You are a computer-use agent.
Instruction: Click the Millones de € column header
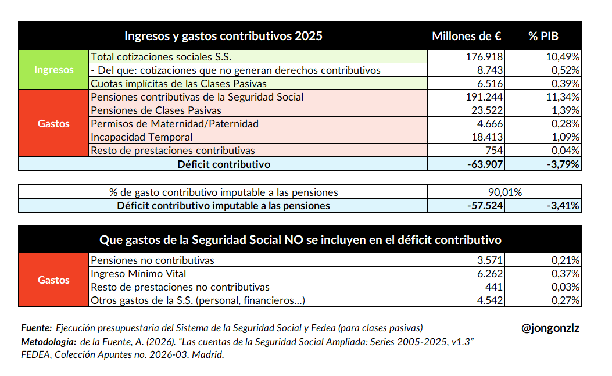[x=466, y=36]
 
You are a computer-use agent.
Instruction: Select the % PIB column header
[x=543, y=36]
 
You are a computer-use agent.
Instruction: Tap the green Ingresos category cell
[x=54, y=70]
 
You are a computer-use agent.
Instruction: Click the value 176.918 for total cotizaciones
[x=485, y=56]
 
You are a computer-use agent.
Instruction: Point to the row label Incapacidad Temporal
[x=141, y=137]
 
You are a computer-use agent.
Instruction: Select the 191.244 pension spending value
[x=485, y=97]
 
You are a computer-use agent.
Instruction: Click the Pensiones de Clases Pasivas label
[x=156, y=110]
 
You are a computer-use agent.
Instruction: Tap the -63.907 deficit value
[x=484, y=164]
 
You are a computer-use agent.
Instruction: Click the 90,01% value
[x=504, y=192]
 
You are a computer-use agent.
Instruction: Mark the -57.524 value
[x=484, y=206]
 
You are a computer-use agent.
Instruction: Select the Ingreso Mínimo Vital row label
[x=138, y=273]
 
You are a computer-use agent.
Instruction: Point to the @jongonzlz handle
[x=550, y=328]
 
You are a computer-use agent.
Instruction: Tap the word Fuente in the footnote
[x=36, y=328]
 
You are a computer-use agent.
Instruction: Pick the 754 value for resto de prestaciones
[x=495, y=151]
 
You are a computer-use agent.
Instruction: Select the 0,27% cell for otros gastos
[x=565, y=300]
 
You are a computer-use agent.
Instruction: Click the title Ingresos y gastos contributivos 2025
[x=223, y=36]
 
